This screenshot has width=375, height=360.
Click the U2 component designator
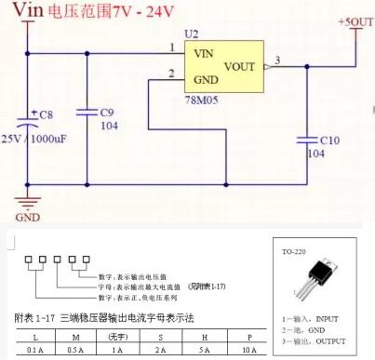pyautogui.click(x=191, y=33)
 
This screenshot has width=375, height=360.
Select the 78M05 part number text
pyautogui.click(x=201, y=96)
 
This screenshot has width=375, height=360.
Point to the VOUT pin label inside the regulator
pyautogui.click(x=240, y=66)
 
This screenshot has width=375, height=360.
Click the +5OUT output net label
pyautogui.click(x=355, y=21)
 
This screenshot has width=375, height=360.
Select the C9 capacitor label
pyautogui.click(x=109, y=113)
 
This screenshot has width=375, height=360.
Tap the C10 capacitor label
pyautogui.click(x=330, y=140)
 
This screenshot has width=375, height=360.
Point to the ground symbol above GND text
pyautogui.click(x=29, y=201)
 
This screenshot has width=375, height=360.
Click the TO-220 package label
pyautogui.click(x=296, y=252)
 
